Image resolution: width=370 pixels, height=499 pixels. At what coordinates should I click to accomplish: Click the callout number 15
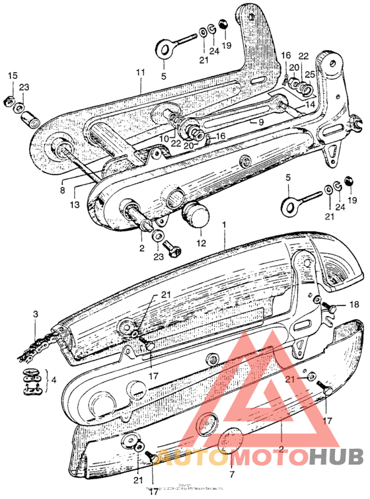pyautogui.click(x=11, y=77)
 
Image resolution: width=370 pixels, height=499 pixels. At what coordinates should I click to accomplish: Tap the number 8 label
pyautogui.click(x=63, y=190)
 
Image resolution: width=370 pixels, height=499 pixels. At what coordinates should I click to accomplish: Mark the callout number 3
pyautogui.click(x=36, y=317)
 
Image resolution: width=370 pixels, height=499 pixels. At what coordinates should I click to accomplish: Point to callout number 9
pyautogui.click(x=260, y=122)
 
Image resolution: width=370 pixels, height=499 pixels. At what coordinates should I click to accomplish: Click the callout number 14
pyautogui.click(x=311, y=104)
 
